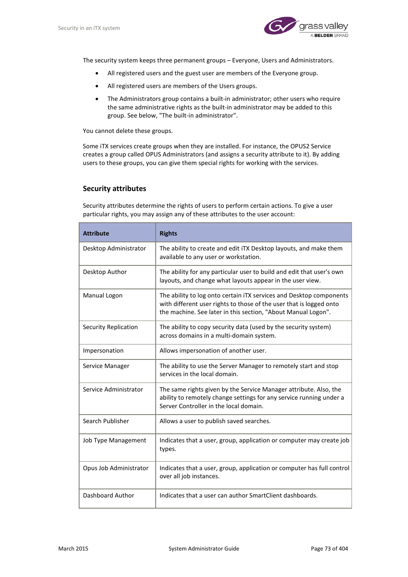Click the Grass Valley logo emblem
[280, 26]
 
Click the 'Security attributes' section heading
[114, 188]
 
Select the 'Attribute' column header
[96, 233]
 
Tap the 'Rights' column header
[168, 233]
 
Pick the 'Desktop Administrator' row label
[114, 248]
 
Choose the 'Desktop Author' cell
[105, 272]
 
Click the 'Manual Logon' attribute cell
[103, 295]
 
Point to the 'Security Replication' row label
[110, 327]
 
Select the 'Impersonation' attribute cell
[103, 350]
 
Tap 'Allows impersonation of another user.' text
[213, 350]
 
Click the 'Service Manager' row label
[106, 366]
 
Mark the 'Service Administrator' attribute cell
[113, 389]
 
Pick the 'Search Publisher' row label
[106, 421]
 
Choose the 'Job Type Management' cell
[114, 440]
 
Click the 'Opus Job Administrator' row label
[115, 468]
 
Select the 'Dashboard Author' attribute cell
[108, 495]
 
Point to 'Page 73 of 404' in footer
[329, 548]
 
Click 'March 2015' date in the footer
[73, 548]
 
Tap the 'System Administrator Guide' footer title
[204, 548]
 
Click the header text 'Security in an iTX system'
[89, 28]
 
